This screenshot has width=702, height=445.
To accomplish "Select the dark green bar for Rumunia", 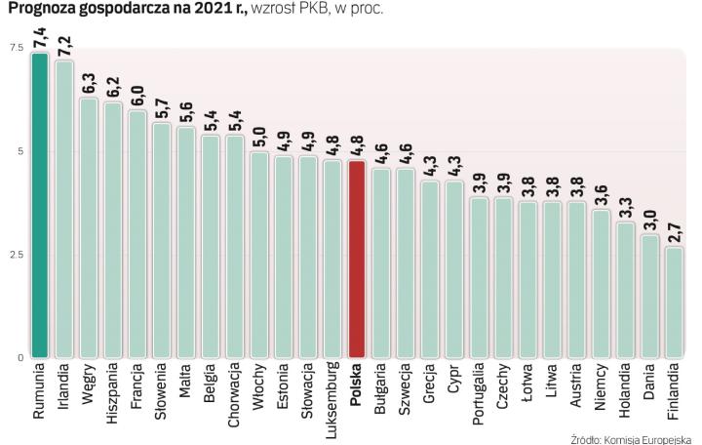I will (x=39, y=205).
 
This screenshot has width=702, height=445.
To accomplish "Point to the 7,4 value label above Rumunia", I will (x=40, y=39).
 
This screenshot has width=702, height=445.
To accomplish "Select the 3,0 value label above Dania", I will (x=650, y=222).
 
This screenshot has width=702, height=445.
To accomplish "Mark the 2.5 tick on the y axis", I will (x=16, y=255).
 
